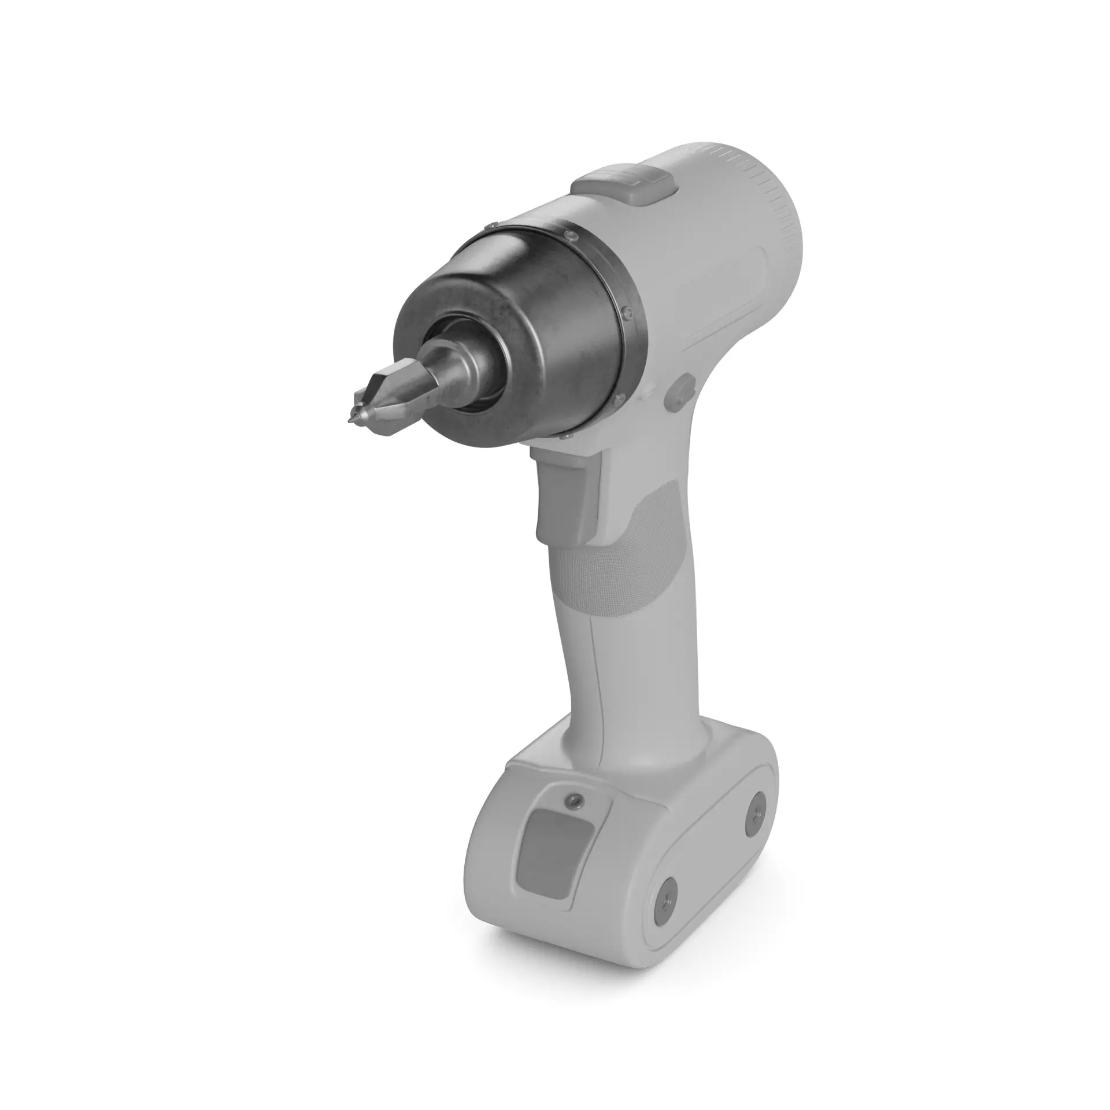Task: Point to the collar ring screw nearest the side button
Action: tap(627, 312)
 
